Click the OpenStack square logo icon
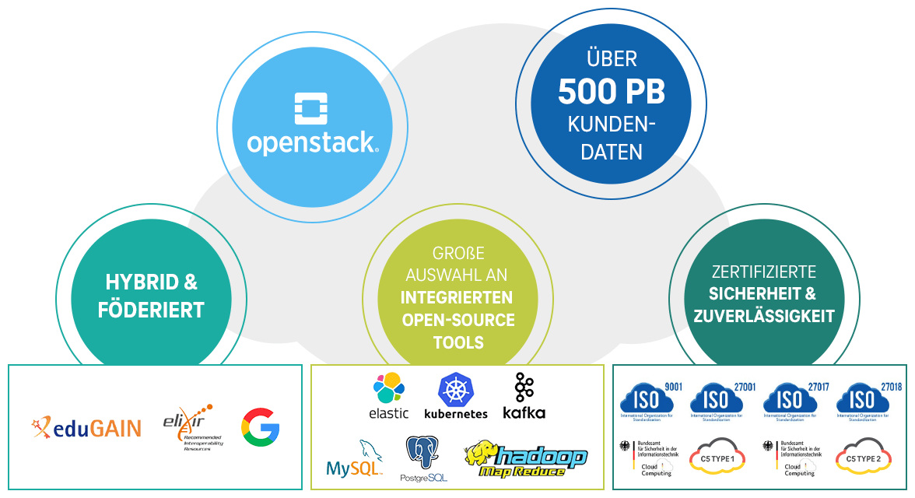(310, 109)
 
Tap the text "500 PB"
(611, 93)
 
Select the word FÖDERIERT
(151, 310)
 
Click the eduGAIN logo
(86, 426)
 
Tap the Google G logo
(260, 426)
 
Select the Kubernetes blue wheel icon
(456, 388)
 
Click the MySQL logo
(355, 459)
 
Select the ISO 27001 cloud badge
(717, 398)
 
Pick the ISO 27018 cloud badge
(862, 398)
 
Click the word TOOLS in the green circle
(458, 342)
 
